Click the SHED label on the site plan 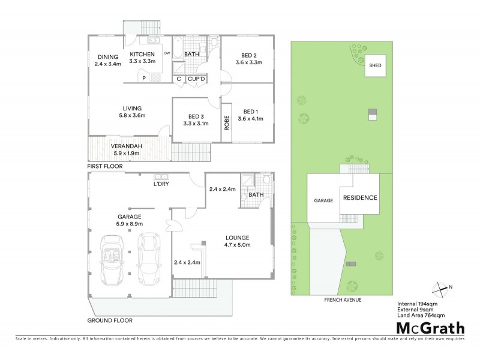click(x=375, y=65)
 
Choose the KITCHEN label click(x=143, y=54)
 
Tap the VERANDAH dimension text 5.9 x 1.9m click(x=126, y=153)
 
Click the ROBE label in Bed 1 click(x=227, y=123)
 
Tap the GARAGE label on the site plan click(x=323, y=201)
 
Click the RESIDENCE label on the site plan click(x=360, y=198)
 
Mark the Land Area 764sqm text click(x=420, y=315)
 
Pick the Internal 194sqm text click(x=418, y=304)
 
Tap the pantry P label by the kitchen click(x=143, y=78)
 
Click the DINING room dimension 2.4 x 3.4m click(x=108, y=64)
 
